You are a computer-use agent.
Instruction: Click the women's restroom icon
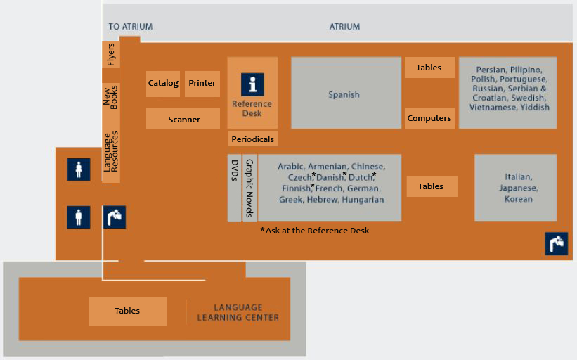79,170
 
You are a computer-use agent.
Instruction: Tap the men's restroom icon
79,217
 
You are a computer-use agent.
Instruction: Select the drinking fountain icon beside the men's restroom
114,217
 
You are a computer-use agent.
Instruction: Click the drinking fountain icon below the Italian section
556,243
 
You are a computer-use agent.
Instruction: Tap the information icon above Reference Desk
252,84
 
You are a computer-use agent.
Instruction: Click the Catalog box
163,84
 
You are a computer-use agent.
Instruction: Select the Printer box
202,84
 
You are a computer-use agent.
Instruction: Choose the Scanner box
183,120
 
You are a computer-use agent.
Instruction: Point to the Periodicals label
252,139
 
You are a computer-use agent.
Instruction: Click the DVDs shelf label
235,170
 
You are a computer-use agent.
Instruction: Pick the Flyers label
110,55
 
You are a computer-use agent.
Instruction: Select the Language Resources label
111,152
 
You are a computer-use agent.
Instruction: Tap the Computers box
429,118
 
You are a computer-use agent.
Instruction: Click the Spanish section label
344,94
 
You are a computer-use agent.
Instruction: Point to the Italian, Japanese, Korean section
519,188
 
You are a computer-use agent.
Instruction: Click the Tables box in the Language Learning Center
127,311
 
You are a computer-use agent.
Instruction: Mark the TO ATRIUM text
130,27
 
